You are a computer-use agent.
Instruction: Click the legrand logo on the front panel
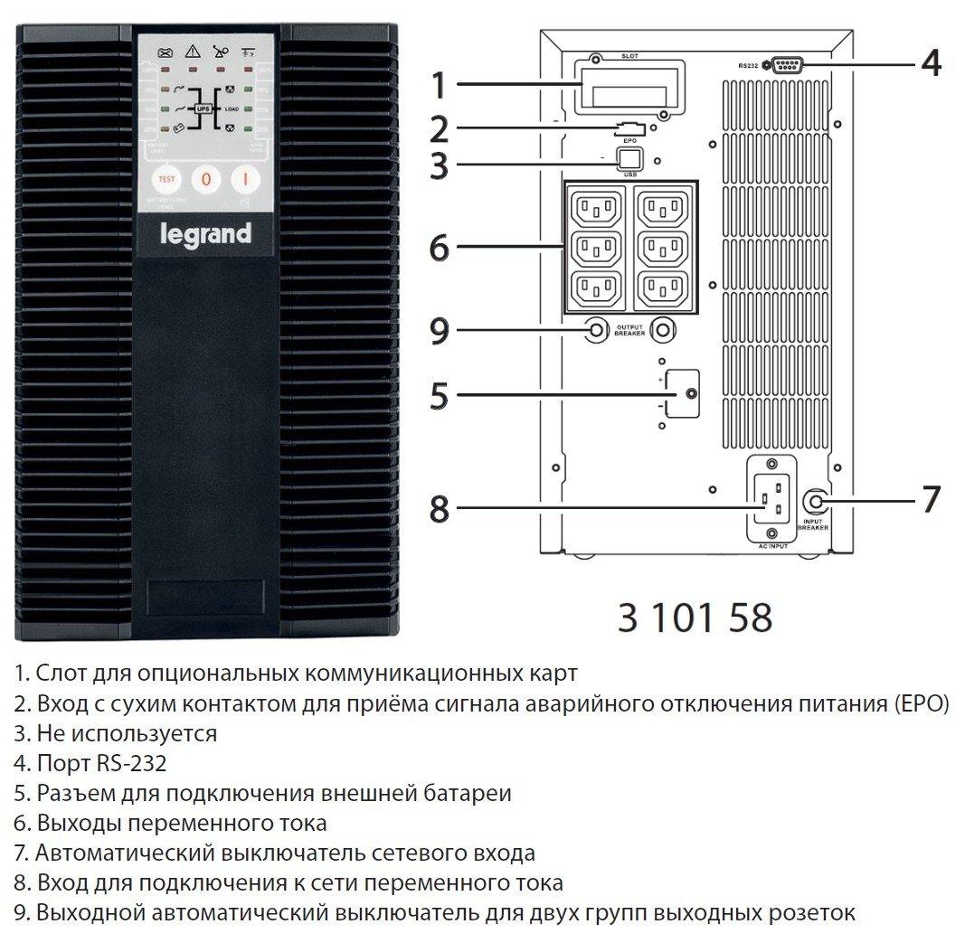click(x=206, y=235)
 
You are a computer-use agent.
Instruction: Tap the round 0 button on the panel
click(x=205, y=179)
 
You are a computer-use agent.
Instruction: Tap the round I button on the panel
click(x=244, y=179)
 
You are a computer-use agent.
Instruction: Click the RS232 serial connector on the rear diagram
click(x=784, y=64)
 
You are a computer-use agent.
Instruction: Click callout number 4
click(x=931, y=64)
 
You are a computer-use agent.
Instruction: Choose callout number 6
click(x=439, y=247)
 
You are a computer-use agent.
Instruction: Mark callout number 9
click(x=439, y=332)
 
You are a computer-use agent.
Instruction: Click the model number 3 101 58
click(x=695, y=618)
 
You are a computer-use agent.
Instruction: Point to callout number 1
click(x=439, y=86)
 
